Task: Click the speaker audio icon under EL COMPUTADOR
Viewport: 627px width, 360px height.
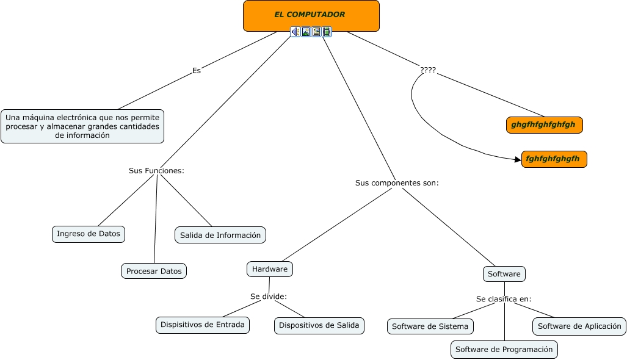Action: click(295, 32)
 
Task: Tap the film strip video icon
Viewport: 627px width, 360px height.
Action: click(327, 32)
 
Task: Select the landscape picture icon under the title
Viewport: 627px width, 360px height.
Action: click(306, 32)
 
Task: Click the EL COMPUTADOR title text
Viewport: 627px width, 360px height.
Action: click(310, 15)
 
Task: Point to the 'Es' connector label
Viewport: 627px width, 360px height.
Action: click(197, 70)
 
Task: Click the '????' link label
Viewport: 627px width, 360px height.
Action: click(428, 70)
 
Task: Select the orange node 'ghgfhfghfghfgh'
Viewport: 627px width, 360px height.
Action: click(544, 124)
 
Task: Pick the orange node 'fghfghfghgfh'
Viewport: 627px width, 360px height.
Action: click(553, 159)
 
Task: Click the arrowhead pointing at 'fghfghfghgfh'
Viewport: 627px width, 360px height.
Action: click(518, 159)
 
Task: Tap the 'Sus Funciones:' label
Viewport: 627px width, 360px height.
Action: click(156, 171)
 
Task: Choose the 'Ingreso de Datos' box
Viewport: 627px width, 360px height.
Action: click(89, 234)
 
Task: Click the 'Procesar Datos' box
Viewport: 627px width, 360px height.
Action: click(154, 271)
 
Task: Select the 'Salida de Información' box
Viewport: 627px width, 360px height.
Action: click(220, 235)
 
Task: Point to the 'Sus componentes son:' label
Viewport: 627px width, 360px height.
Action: click(397, 183)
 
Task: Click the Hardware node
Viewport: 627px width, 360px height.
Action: click(270, 269)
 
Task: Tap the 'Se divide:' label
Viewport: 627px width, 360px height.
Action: click(269, 297)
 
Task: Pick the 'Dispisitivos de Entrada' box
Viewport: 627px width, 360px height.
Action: click(203, 325)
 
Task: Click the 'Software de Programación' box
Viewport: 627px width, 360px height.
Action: click(504, 350)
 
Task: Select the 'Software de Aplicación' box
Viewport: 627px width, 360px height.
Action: click(579, 326)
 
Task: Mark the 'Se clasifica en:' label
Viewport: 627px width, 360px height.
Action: click(504, 299)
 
